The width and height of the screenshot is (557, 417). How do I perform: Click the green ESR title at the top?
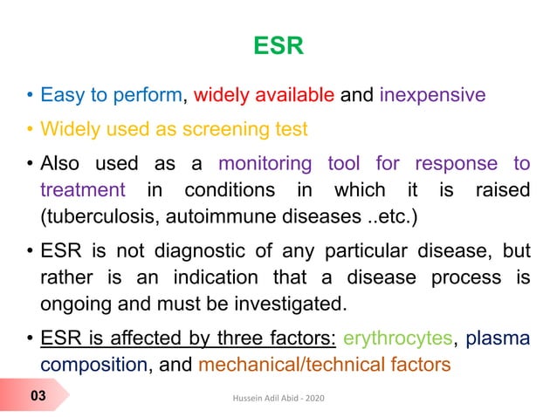(x=278, y=45)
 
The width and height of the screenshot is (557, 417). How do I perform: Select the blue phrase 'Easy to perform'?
(x=114, y=94)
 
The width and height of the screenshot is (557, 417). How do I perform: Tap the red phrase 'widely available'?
(x=265, y=94)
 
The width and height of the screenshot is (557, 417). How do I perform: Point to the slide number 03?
(x=38, y=397)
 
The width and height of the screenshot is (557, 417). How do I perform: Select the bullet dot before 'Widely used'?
(x=30, y=130)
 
